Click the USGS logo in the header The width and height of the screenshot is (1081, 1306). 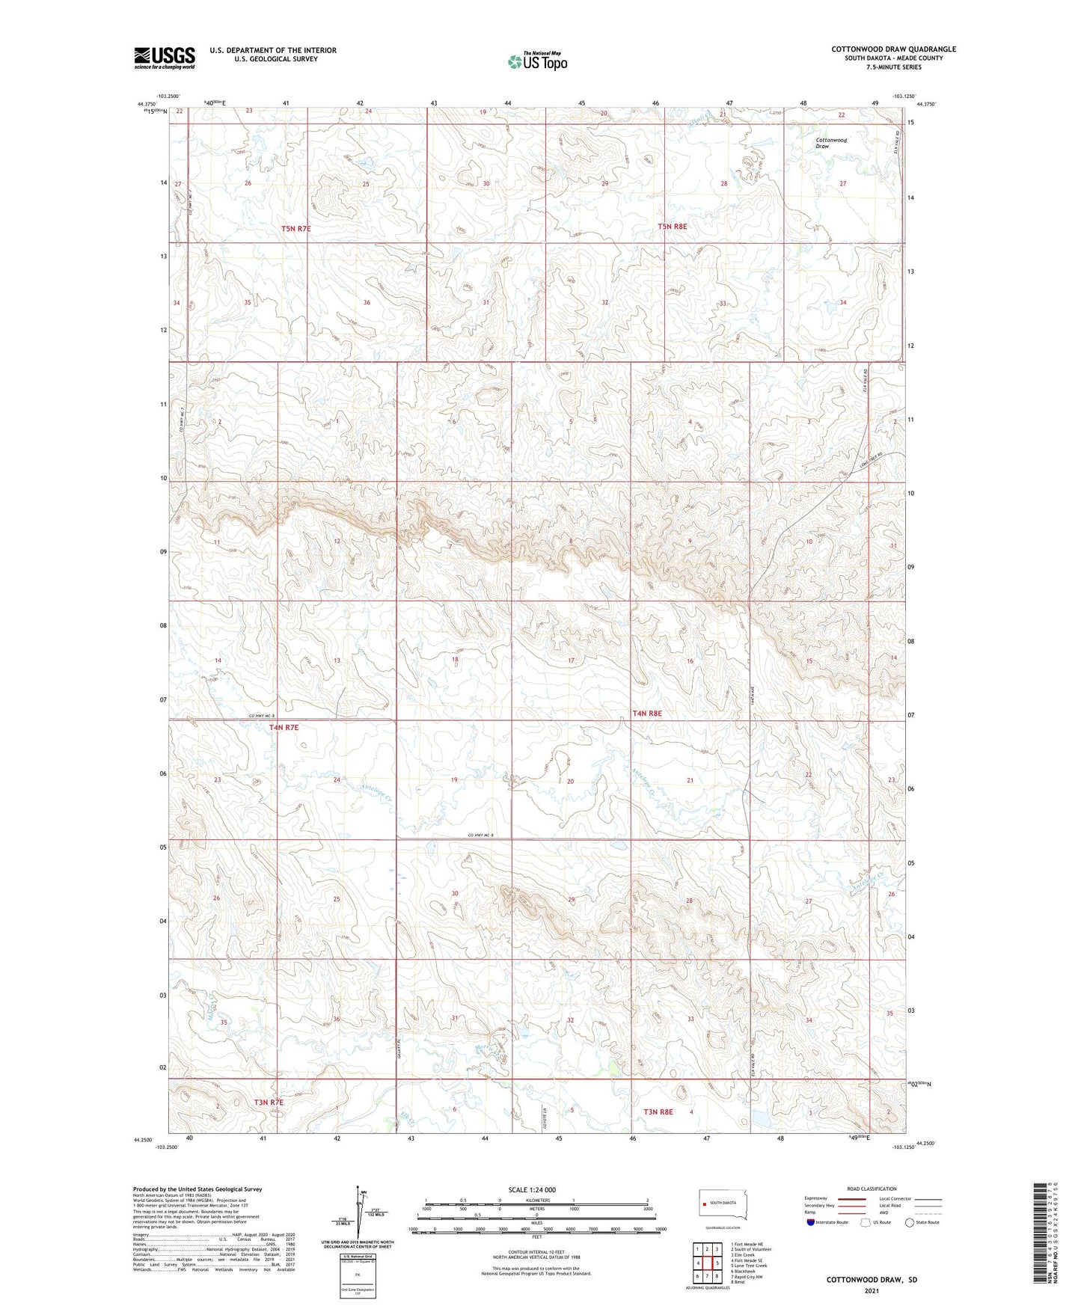click(x=165, y=58)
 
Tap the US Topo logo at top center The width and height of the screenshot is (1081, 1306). click(x=537, y=61)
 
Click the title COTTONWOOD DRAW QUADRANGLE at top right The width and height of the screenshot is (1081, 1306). click(x=893, y=49)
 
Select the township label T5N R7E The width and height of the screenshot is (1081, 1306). click(x=295, y=228)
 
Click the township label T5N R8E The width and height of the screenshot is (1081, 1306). click(x=672, y=226)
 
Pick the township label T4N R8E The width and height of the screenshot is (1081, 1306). click(x=646, y=714)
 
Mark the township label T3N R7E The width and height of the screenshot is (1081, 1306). click(x=269, y=1103)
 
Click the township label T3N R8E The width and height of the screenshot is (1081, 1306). click(x=658, y=1112)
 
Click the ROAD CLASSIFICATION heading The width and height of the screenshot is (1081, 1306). click(x=872, y=1189)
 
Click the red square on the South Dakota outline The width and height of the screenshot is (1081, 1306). click(x=704, y=1204)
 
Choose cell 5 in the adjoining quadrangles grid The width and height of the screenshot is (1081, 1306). click(x=717, y=1263)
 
